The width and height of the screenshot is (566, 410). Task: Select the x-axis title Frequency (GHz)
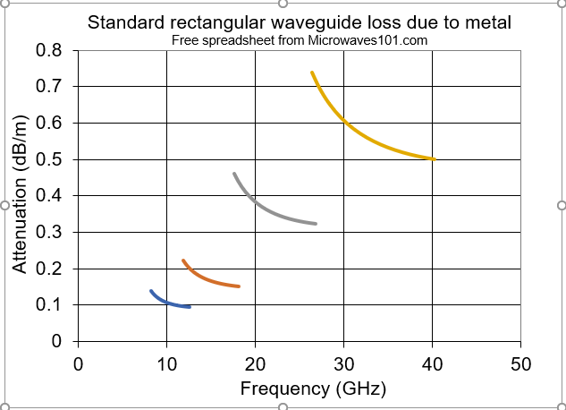pos(300,389)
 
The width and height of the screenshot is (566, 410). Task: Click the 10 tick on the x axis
pos(166,364)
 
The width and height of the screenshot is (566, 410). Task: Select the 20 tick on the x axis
pos(255,364)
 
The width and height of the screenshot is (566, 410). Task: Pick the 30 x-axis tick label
pos(343,364)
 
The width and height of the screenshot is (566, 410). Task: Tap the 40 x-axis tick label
pos(432,364)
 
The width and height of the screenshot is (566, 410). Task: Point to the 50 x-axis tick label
pos(520,364)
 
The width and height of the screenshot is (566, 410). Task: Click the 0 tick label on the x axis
pos(78,364)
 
